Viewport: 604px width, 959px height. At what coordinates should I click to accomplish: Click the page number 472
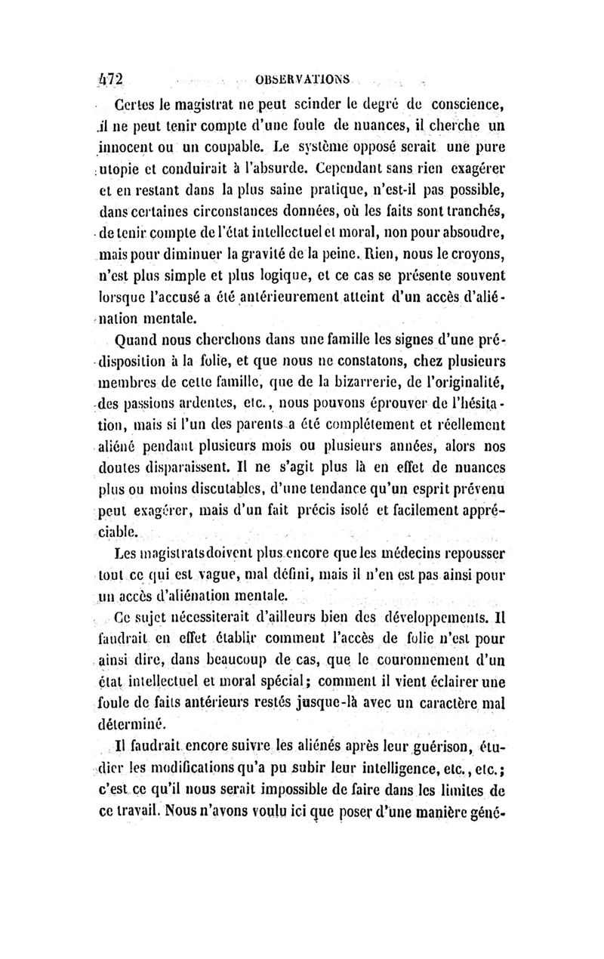(110, 79)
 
